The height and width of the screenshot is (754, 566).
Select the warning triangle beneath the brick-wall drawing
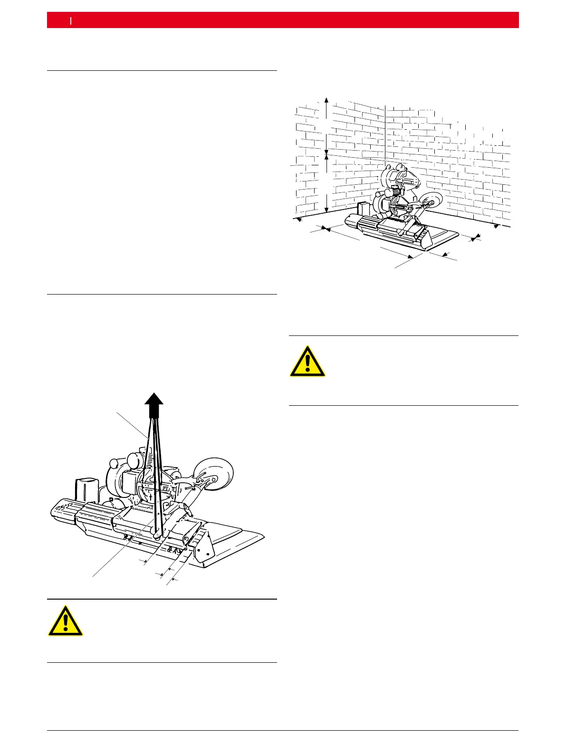pos(307,362)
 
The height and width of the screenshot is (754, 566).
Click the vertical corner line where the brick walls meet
pos(384,133)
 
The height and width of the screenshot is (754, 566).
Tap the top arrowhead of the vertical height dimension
pos(326,99)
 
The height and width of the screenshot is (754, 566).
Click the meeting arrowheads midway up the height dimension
pos(326,153)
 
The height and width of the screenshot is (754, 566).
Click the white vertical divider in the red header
pos(71,20)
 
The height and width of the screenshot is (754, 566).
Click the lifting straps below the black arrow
pos(153,456)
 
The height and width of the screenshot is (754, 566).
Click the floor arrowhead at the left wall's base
pos(298,220)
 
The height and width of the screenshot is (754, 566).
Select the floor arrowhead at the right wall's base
pos(497,226)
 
